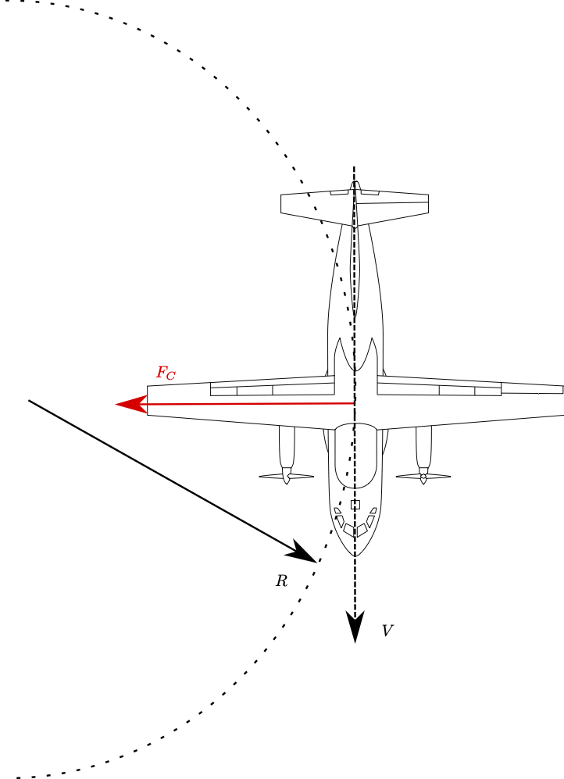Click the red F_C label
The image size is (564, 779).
166,373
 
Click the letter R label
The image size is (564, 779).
281,581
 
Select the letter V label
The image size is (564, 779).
387,631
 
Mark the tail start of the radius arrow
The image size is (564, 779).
30,401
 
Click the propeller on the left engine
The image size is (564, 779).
287,476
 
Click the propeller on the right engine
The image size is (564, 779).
423,476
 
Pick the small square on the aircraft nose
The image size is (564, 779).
355,505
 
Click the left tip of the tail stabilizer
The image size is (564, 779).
282,204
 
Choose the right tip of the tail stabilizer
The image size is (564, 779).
427,203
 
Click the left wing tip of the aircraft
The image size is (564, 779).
148,401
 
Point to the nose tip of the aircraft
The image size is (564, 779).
355,556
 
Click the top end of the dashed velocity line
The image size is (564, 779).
354,167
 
